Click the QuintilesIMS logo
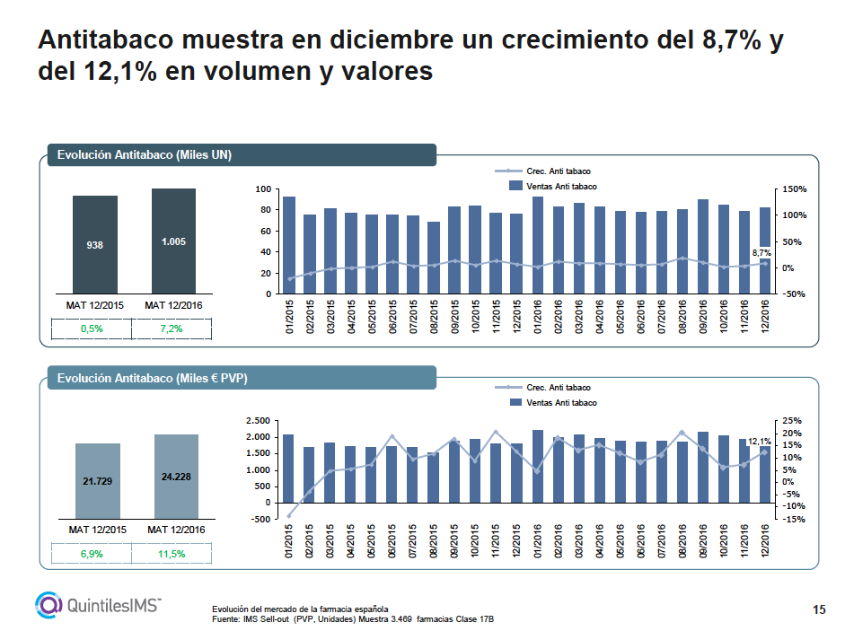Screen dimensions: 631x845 (98, 604)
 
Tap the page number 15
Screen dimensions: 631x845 (818, 610)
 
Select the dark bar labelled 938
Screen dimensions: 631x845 (94, 244)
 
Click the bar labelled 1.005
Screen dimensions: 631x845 (173, 241)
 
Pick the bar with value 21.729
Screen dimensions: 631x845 (97, 481)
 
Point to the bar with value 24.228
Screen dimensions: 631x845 (175, 477)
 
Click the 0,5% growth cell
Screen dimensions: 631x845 (92, 329)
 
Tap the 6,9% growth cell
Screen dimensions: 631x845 (92, 554)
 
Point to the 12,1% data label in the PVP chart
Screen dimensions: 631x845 (760, 441)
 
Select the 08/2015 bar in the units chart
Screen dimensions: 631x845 (434, 258)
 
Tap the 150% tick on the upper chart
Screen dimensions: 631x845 (796, 189)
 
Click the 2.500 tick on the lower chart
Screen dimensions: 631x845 (258, 421)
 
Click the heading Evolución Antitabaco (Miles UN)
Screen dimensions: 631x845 (145, 155)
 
